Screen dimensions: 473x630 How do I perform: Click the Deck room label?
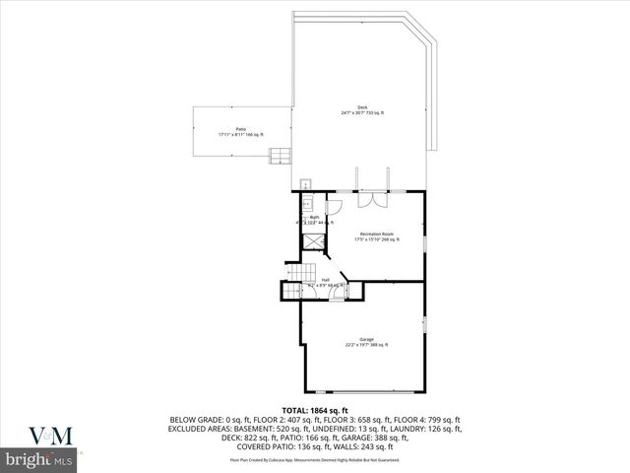coord(362,111)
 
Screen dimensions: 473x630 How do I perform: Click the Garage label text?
coord(365,341)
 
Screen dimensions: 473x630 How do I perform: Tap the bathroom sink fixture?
coord(306,203)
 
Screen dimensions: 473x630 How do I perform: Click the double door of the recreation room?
coord(372,200)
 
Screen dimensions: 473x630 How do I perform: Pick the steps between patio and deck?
coord(282,155)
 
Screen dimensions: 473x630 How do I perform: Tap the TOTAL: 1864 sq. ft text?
coord(315,409)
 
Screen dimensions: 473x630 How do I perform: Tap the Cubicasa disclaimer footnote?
coord(315,459)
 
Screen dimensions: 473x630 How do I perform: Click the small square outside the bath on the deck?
coord(306,183)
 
